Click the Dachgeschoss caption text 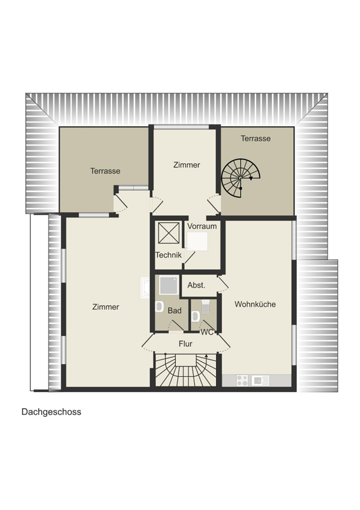pyautogui.click(x=52, y=412)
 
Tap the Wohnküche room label pyautogui.click(x=256, y=304)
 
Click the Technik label pyautogui.click(x=168, y=255)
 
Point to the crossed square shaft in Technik pyautogui.click(x=169, y=233)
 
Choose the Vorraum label pyautogui.click(x=202, y=226)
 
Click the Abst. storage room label pyautogui.click(x=196, y=285)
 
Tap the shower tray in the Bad pyautogui.click(x=169, y=285)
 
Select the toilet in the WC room pyautogui.click(x=206, y=307)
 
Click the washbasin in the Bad pyautogui.click(x=159, y=307)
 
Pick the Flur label pyautogui.click(x=185, y=344)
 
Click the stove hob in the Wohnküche pyautogui.click(x=242, y=380)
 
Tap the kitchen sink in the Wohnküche pyautogui.click(x=261, y=380)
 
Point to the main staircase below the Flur pyautogui.click(x=185, y=370)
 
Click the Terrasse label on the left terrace pyautogui.click(x=105, y=171)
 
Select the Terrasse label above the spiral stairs pyautogui.click(x=256, y=138)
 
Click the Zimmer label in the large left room pyautogui.click(x=106, y=307)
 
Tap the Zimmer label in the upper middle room pyautogui.click(x=187, y=165)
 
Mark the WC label pyautogui.click(x=207, y=332)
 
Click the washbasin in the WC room pyautogui.click(x=195, y=316)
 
